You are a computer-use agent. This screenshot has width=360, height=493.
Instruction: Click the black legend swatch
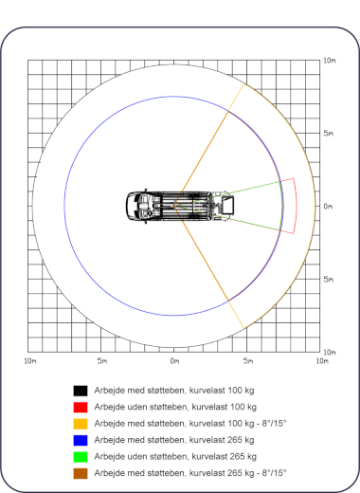click(81, 391)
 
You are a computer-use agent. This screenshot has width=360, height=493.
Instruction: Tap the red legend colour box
click(81, 407)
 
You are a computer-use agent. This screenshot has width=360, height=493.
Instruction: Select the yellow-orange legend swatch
click(81, 424)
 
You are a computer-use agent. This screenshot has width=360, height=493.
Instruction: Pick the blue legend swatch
click(81, 440)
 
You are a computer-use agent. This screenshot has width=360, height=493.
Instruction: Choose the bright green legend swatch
click(81, 457)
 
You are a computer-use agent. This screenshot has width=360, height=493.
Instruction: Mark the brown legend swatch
click(81, 473)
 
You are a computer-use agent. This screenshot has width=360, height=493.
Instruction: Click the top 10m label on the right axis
click(330, 61)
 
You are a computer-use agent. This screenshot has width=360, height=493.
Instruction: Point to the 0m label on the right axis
click(328, 207)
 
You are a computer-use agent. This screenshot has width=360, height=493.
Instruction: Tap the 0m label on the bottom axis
click(174, 361)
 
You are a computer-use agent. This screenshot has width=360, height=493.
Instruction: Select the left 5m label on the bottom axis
click(102, 361)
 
